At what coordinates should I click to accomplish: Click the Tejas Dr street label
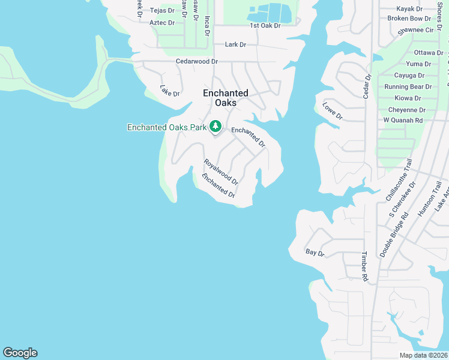[161, 10]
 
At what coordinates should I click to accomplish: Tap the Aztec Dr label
[162, 23]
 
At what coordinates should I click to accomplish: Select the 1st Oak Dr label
[265, 26]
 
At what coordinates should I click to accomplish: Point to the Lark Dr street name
[235, 44]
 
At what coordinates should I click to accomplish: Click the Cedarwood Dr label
[197, 61]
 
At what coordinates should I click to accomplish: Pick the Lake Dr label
[170, 91]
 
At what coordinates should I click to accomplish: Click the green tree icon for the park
[215, 127]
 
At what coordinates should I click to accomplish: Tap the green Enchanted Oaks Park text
[166, 127]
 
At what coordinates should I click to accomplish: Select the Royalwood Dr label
[221, 172]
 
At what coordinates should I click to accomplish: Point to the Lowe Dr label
[332, 111]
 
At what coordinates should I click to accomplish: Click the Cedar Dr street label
[368, 86]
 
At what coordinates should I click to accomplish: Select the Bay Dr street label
[315, 253]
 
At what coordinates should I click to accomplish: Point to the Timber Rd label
[364, 266]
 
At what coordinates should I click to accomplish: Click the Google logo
[20, 353]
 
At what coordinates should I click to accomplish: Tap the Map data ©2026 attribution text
[423, 355]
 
